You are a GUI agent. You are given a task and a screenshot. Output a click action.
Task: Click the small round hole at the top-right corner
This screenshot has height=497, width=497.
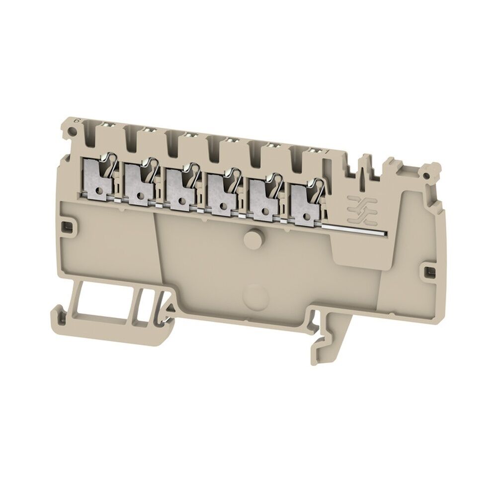(x=425, y=175)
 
